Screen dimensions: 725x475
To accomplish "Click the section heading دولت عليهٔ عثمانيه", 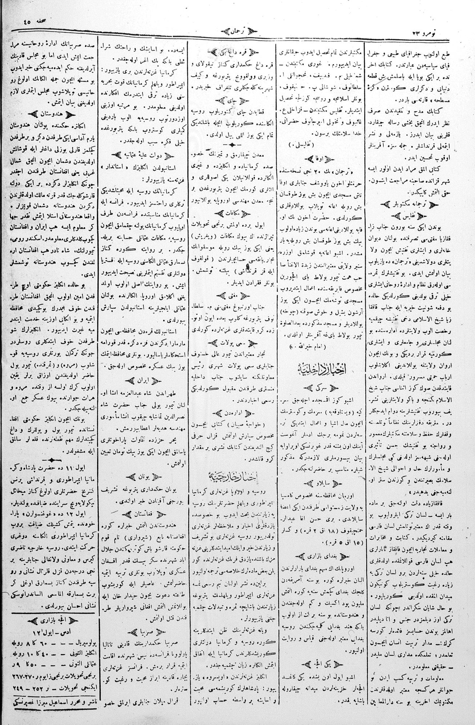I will point(142,155).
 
